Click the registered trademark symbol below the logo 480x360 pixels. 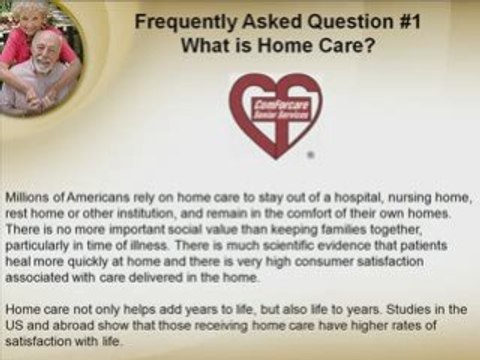click(311, 156)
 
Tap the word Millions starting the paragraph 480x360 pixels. click(24, 195)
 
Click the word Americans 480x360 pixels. click(84, 195)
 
